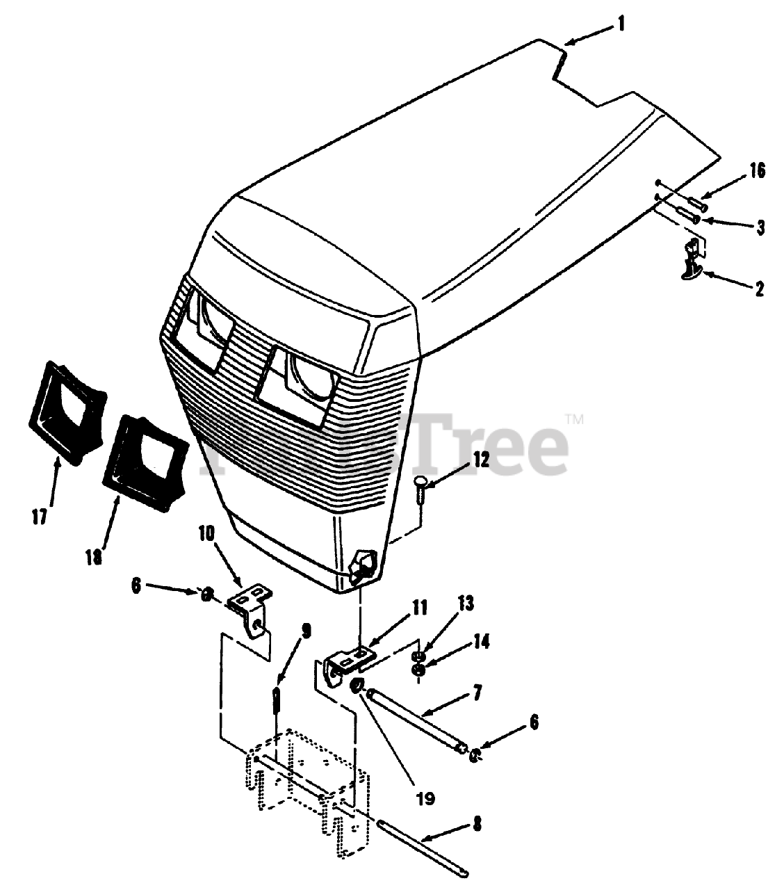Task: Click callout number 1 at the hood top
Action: point(621,24)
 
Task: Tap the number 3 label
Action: point(761,227)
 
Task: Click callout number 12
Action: point(481,460)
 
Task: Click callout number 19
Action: point(425,798)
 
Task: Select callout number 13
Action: point(465,604)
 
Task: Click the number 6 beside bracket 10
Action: point(136,586)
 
